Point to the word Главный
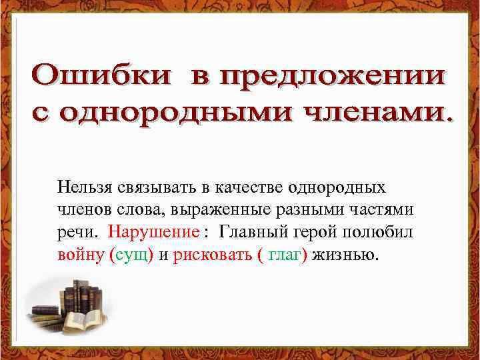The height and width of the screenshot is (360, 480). click(x=250, y=232)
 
